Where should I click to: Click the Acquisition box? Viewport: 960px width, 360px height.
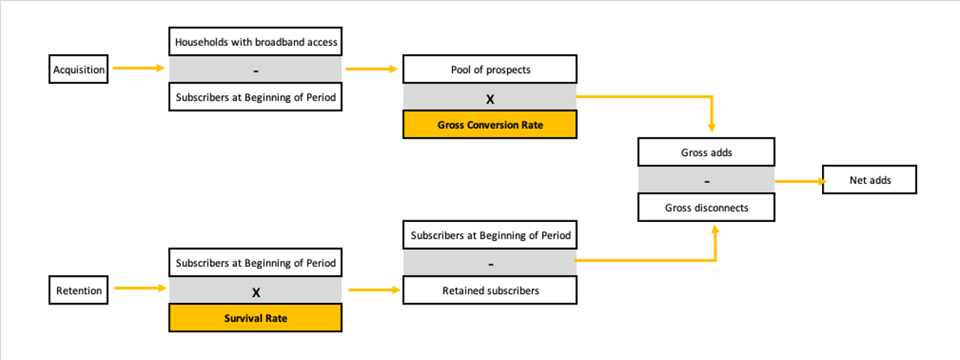pyautogui.click(x=79, y=69)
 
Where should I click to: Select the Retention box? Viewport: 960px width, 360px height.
pyautogui.click(x=79, y=290)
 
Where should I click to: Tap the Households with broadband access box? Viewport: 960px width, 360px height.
pyautogui.click(x=256, y=41)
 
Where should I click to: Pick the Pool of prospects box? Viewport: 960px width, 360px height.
pyautogui.click(x=490, y=69)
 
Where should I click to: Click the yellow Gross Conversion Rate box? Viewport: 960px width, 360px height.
pyautogui.click(x=490, y=124)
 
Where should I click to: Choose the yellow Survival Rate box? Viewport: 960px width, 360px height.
pyautogui.click(x=256, y=317)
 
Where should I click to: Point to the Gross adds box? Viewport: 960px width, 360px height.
pyautogui.click(x=706, y=151)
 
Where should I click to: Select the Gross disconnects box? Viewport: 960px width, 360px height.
pyautogui.click(x=706, y=208)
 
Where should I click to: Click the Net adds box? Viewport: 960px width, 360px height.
pyautogui.click(x=869, y=179)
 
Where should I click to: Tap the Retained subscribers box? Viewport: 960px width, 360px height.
pyautogui.click(x=490, y=290)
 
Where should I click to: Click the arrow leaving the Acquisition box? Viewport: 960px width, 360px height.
pyautogui.click(x=139, y=67)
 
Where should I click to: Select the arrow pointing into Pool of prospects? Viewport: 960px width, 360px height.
pyautogui.click(x=372, y=68)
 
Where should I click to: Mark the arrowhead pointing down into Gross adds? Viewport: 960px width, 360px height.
pyautogui.click(x=712, y=127)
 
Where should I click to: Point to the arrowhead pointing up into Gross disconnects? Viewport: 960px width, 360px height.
pyautogui.click(x=715, y=229)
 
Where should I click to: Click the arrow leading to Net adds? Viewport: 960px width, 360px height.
pyautogui.click(x=801, y=181)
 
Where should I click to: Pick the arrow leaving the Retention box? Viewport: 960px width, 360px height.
pyautogui.click(x=140, y=288)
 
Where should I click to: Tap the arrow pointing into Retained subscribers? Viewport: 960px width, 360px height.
pyautogui.click(x=374, y=290)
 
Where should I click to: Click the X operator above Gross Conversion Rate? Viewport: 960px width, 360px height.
pyautogui.click(x=490, y=100)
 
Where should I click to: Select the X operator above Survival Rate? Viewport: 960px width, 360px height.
pyautogui.click(x=256, y=292)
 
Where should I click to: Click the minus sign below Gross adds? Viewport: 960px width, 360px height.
pyautogui.click(x=706, y=181)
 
